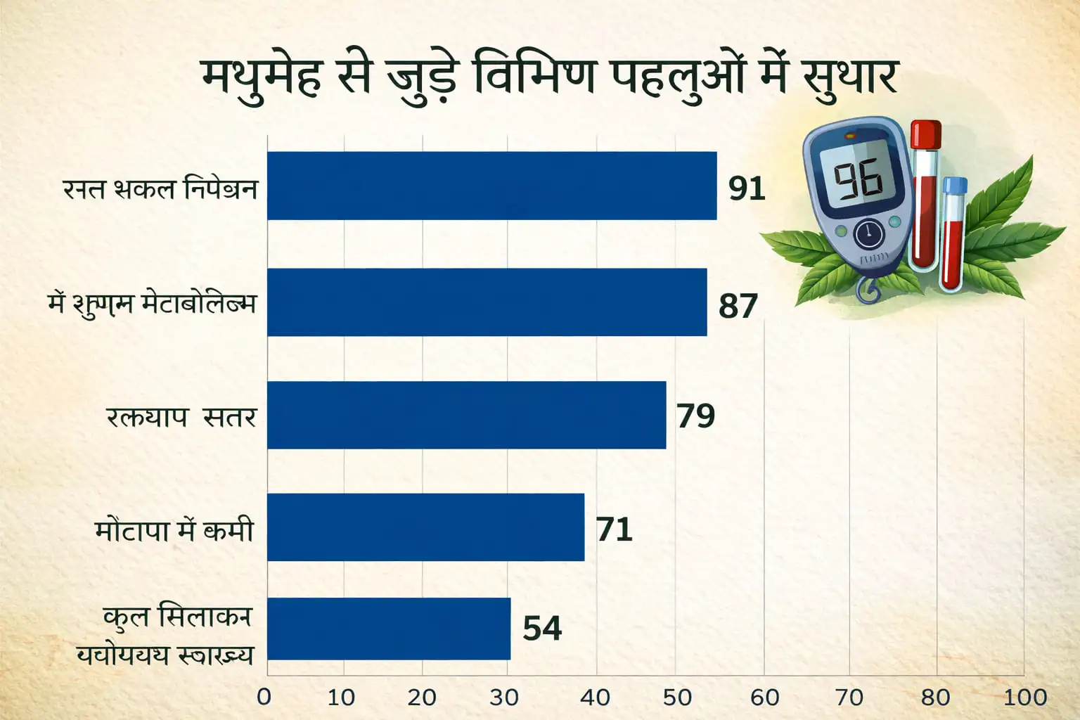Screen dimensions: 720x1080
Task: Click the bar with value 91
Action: (x=491, y=186)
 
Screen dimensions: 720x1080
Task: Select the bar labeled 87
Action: (x=487, y=302)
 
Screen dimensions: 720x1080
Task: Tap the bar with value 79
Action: (x=466, y=415)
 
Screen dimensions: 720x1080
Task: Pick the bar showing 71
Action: (x=425, y=527)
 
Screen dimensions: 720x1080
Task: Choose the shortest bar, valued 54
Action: (x=389, y=629)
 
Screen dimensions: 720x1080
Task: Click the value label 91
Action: (x=746, y=188)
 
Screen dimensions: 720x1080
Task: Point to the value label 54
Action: (x=542, y=628)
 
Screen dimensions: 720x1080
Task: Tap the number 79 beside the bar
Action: (x=695, y=416)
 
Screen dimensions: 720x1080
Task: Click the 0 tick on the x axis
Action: (x=264, y=697)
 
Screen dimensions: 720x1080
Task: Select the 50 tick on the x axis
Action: (x=677, y=697)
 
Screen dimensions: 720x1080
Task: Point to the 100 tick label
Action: (x=1024, y=697)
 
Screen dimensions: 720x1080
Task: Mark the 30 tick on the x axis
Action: (x=503, y=697)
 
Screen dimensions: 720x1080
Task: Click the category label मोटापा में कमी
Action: (x=174, y=529)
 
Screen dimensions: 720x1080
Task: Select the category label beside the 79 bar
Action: (x=181, y=417)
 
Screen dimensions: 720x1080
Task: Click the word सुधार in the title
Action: (x=849, y=77)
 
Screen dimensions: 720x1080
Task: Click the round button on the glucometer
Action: (x=869, y=234)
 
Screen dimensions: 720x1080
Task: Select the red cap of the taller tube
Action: (x=925, y=134)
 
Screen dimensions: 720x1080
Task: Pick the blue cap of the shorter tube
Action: (x=955, y=186)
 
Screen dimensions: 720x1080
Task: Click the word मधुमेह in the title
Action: (x=262, y=77)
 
